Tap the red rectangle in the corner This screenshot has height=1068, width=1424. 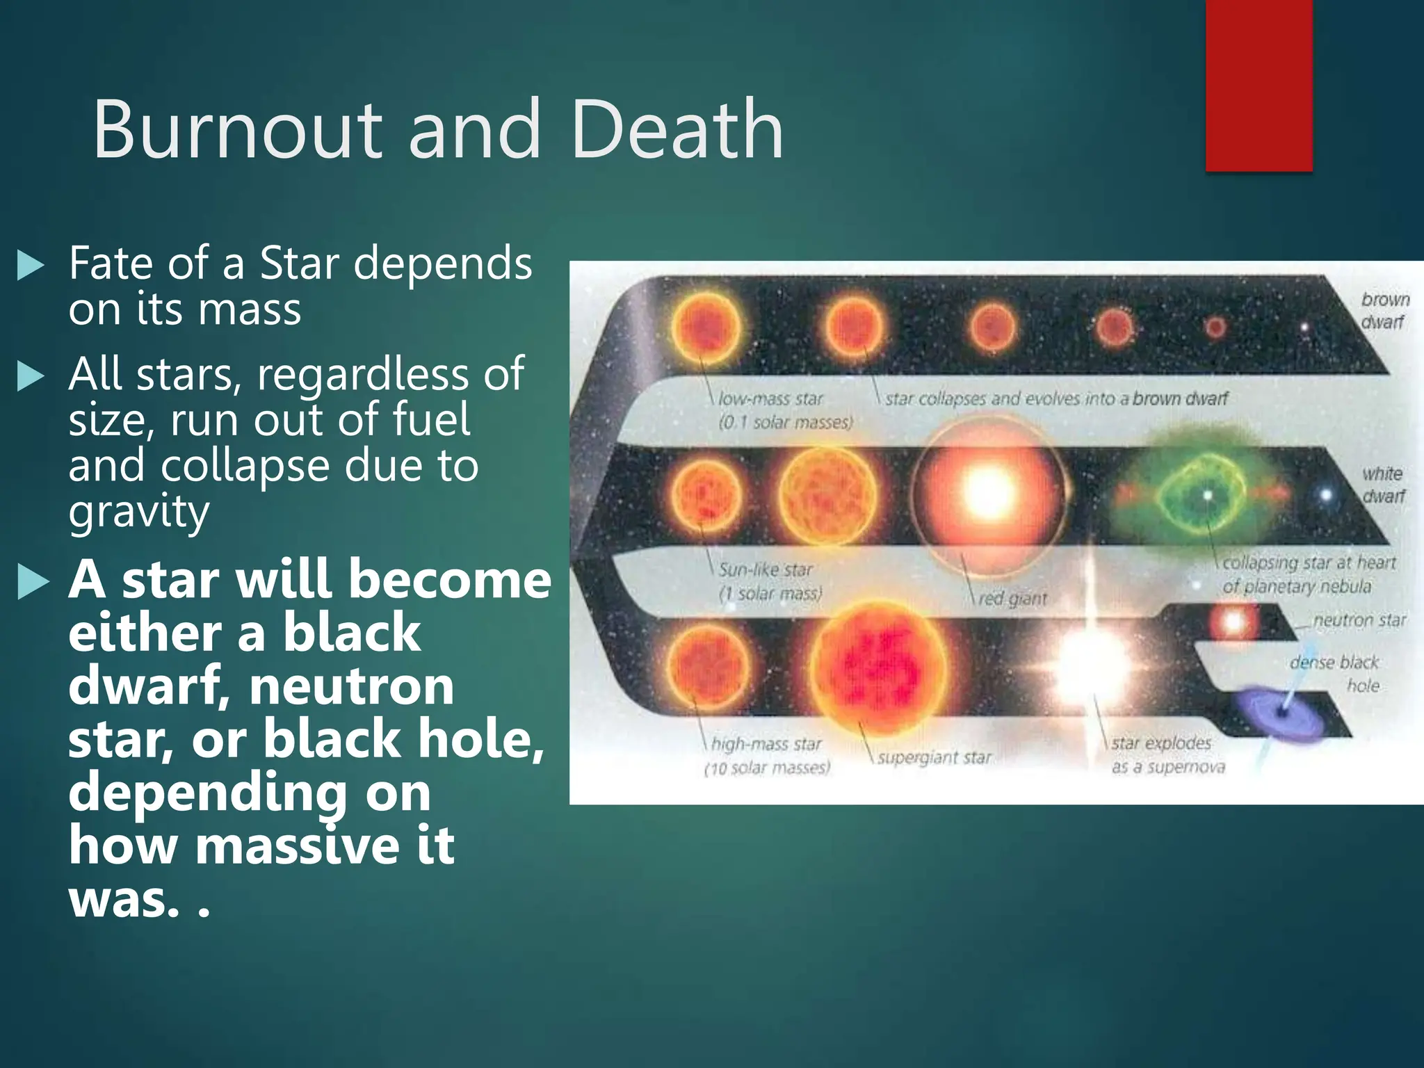point(1259,85)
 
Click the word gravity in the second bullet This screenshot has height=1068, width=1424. point(138,512)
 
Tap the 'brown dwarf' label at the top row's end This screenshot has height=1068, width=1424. point(1384,310)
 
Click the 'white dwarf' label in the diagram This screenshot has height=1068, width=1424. point(1383,485)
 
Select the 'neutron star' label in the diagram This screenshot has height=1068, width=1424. point(1359,620)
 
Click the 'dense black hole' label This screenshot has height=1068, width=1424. point(1335,673)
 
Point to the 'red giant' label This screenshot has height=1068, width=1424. point(1012,599)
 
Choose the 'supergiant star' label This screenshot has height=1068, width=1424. point(934,757)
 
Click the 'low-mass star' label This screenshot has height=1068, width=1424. point(770,399)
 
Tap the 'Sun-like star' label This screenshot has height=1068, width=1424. point(766,570)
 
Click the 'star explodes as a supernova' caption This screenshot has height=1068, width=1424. point(1167,754)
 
